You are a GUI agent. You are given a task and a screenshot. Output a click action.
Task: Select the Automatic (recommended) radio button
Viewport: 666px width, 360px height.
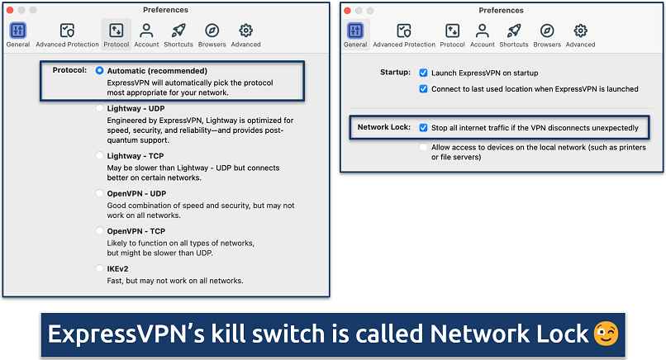(x=100, y=70)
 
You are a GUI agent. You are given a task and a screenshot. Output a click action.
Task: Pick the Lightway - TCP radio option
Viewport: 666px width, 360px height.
(x=100, y=155)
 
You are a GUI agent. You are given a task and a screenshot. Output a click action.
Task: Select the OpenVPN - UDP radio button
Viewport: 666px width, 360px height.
(x=100, y=193)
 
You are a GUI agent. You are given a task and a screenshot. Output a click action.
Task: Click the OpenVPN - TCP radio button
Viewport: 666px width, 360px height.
(x=100, y=231)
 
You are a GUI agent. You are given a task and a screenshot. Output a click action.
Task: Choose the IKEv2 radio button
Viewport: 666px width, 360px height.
(x=100, y=269)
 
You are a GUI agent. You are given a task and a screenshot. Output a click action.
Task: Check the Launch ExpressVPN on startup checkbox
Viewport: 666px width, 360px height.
(x=424, y=73)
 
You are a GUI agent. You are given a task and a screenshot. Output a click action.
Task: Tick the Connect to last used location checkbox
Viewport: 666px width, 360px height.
(x=424, y=88)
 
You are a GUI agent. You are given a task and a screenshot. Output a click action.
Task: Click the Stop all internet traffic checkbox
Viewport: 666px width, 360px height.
(x=424, y=128)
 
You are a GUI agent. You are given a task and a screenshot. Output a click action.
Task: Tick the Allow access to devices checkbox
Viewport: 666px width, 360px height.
(x=424, y=148)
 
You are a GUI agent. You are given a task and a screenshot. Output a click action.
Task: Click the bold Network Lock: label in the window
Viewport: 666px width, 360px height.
(x=383, y=128)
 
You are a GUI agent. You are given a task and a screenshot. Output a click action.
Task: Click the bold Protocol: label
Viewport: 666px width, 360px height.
(x=69, y=70)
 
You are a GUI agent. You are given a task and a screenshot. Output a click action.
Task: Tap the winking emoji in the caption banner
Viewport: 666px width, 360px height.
(x=605, y=334)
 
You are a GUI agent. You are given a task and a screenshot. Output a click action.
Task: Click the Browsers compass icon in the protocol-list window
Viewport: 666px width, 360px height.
(x=212, y=31)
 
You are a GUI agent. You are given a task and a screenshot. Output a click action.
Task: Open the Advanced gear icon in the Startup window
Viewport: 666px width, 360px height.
(x=581, y=31)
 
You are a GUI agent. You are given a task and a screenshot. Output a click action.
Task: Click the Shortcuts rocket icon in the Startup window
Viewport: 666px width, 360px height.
(x=513, y=31)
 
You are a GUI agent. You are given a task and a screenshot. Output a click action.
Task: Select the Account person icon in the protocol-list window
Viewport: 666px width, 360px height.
(x=147, y=31)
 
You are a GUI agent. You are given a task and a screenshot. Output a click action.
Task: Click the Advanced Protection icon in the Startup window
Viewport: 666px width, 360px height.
(x=403, y=31)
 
